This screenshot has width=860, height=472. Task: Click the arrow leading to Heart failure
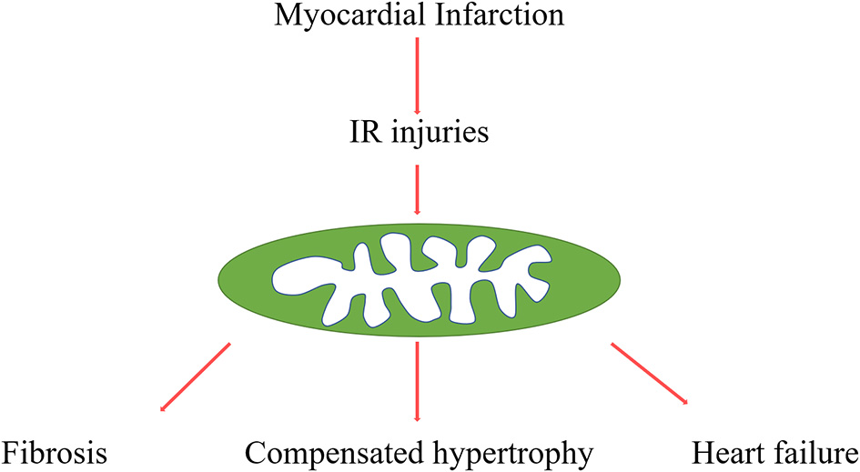pos(648,375)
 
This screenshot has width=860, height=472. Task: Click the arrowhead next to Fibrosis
pos(163,409)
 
